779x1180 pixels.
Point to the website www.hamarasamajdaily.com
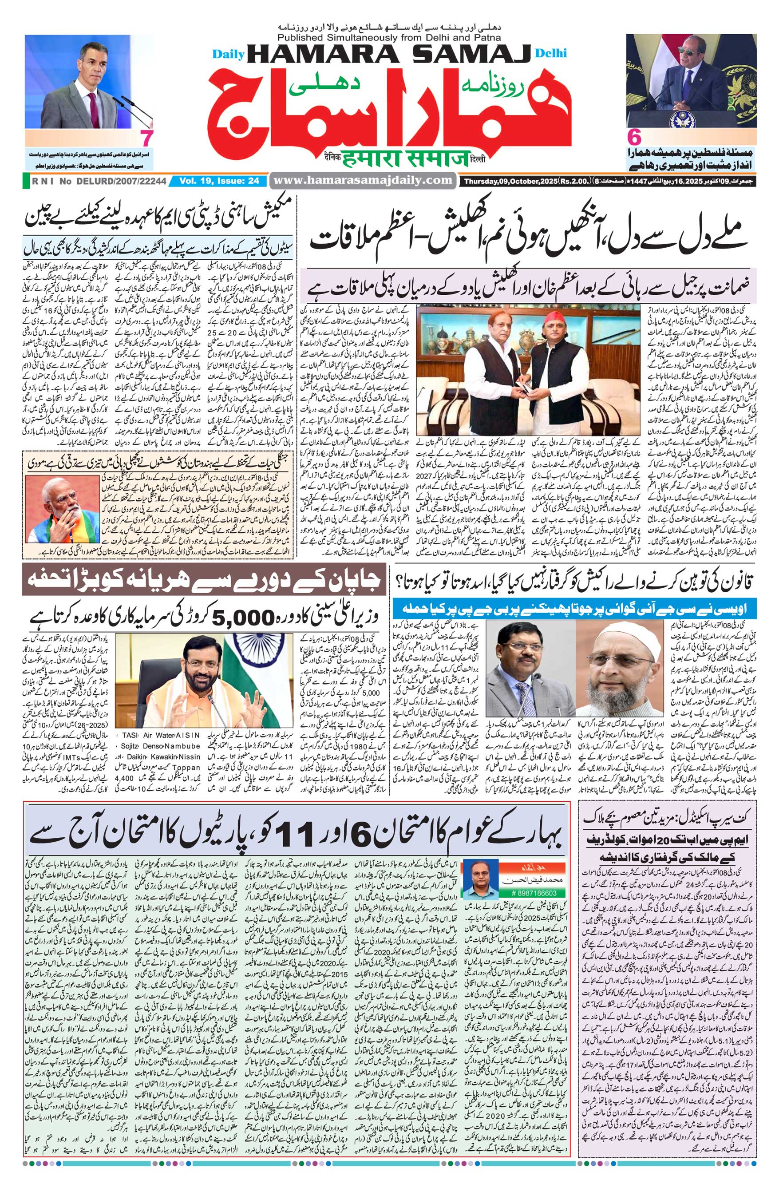[x=363, y=180]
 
